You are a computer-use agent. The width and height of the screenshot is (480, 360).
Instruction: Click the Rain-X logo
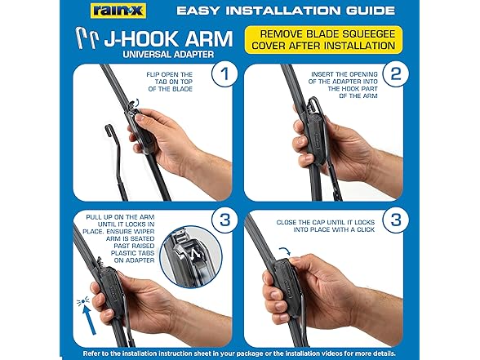click(118, 11)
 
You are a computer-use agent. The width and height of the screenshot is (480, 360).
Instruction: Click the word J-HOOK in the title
click(140, 39)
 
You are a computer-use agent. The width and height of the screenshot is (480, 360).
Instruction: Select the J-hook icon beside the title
click(87, 38)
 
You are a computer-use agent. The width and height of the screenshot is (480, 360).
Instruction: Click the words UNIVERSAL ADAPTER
click(168, 55)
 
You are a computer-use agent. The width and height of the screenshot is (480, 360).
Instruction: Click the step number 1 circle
click(224, 73)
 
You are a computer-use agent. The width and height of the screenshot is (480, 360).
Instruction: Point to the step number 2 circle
click(395, 73)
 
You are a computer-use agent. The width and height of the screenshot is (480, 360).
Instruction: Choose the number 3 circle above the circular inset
click(224, 220)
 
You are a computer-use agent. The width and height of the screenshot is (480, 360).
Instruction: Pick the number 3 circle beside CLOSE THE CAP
click(395, 220)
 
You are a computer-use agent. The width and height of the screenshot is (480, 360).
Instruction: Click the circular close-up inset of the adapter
click(190, 257)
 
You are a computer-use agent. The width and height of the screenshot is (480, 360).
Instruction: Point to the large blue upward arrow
click(91, 320)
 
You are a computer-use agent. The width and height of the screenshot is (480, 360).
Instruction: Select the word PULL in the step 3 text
click(93, 217)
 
